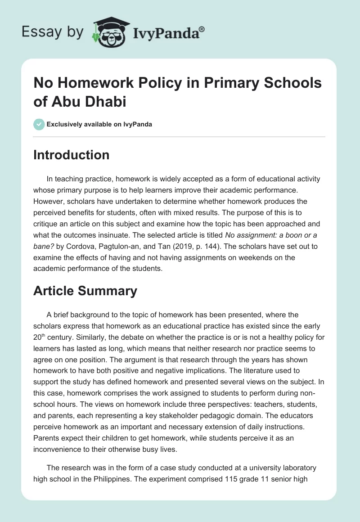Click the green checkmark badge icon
(x=39, y=124)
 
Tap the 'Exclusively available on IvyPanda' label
(x=99, y=125)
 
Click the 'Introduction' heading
(x=71, y=155)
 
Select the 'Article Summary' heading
(x=85, y=291)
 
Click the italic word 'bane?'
(x=44, y=247)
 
